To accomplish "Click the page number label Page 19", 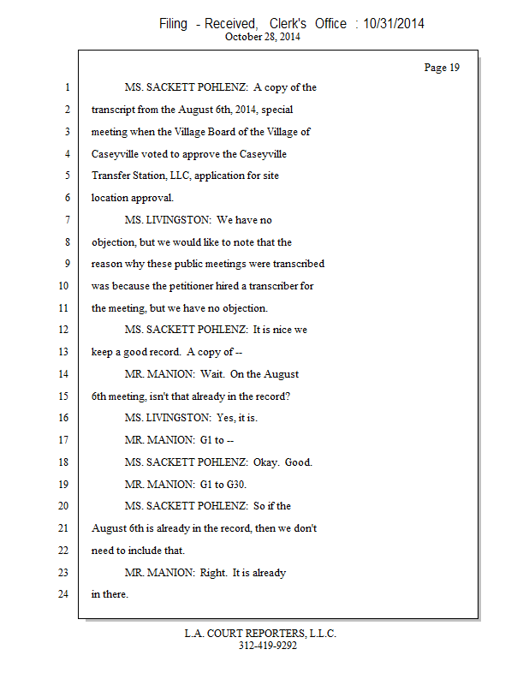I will point(442,68).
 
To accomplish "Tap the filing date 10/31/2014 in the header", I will point(394,24).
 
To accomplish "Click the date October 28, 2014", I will point(264,37).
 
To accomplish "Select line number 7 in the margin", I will point(66,220).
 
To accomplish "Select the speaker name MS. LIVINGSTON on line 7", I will point(168,220).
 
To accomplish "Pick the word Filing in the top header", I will point(173,24).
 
